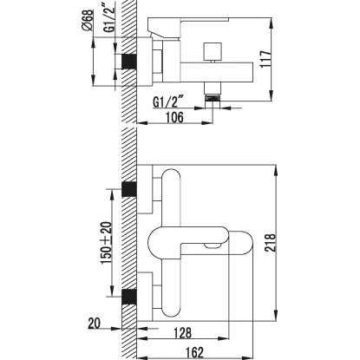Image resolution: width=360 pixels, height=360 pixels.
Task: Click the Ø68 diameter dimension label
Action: [88, 20]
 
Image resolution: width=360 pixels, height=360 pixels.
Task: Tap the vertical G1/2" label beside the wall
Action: [109, 20]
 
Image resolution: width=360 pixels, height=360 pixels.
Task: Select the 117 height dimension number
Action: [265, 59]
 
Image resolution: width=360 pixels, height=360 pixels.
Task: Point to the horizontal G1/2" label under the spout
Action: [168, 101]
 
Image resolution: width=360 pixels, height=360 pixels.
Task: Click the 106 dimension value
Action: [174, 117]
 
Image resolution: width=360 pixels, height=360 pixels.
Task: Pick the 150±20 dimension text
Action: [106, 243]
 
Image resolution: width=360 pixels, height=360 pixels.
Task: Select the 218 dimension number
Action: [271, 243]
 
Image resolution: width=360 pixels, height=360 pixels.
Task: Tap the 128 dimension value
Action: [182, 332]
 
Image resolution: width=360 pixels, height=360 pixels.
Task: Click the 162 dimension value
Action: [194, 352]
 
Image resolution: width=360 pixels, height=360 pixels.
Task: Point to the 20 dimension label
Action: [95, 323]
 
